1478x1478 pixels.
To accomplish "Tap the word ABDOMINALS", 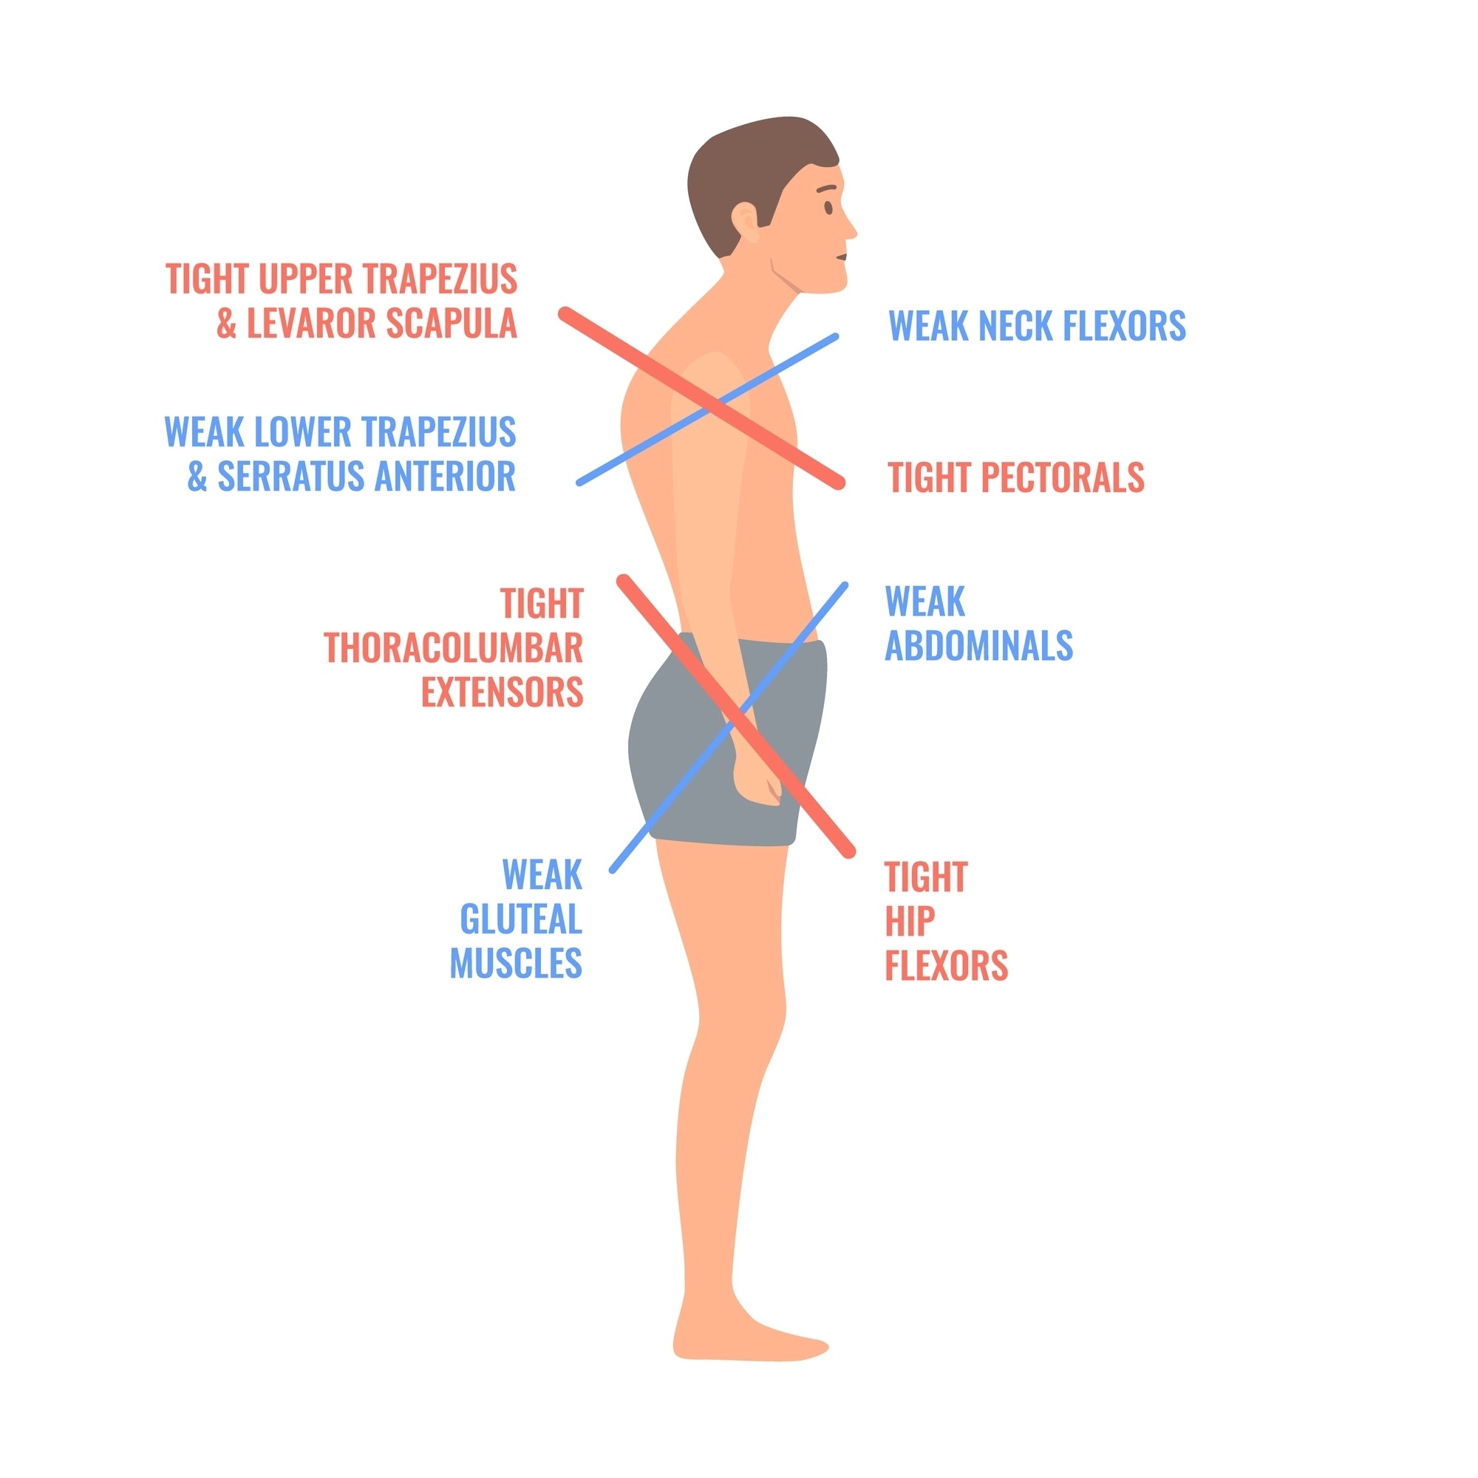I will coord(978,646).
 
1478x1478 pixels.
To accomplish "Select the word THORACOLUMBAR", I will coord(454,649).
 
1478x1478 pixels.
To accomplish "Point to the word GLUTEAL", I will coord(521,919).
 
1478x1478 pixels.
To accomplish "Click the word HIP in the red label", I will coord(910,921).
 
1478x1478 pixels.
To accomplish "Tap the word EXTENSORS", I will coord(503,692).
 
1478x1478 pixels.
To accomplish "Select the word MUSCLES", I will coord(516,963).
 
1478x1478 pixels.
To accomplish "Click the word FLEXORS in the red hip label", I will coord(947,965).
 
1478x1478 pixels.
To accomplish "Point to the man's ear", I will coord(745,222).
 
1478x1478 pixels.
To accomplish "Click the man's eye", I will coord(828,207).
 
